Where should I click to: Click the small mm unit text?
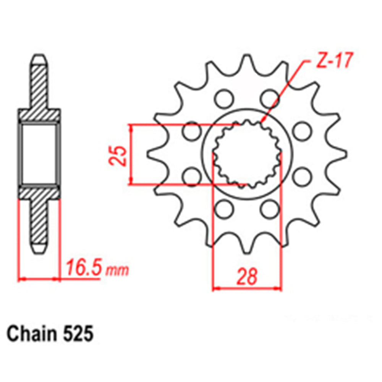pos(117,270)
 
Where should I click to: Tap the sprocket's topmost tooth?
pos(247,61)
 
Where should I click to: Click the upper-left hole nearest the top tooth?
pos(223,97)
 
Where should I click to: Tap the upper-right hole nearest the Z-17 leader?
pos(270,97)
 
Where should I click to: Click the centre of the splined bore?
pos(247,155)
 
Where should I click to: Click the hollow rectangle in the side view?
pos(39,154)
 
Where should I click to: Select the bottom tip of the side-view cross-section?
pos(40,250)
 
